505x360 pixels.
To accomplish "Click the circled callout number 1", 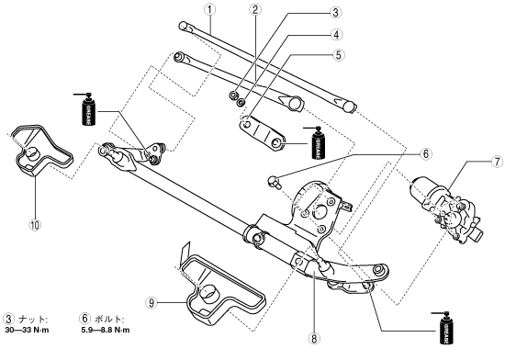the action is (x=209, y=9).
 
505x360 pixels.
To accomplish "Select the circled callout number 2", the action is (x=254, y=9).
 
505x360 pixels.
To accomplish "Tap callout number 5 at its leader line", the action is (x=338, y=55).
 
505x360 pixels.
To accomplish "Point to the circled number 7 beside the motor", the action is (x=497, y=162).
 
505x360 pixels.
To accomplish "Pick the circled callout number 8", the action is (x=314, y=339).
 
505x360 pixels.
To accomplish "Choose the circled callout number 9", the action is (x=151, y=302).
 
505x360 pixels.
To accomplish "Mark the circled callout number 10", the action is (x=35, y=224).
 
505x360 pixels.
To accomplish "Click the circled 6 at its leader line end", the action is (x=426, y=154).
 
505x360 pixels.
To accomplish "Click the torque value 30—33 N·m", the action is (x=27, y=330).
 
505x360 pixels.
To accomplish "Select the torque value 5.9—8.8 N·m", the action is (x=106, y=330).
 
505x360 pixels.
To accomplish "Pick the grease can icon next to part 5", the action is (x=319, y=142).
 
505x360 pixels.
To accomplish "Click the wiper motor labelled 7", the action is (x=446, y=211).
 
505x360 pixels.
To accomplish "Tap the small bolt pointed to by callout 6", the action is (x=273, y=182).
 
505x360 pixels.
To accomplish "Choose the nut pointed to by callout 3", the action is (x=233, y=96).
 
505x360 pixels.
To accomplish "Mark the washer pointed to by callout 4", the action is (x=241, y=102).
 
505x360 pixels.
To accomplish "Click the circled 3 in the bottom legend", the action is (x=8, y=319).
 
